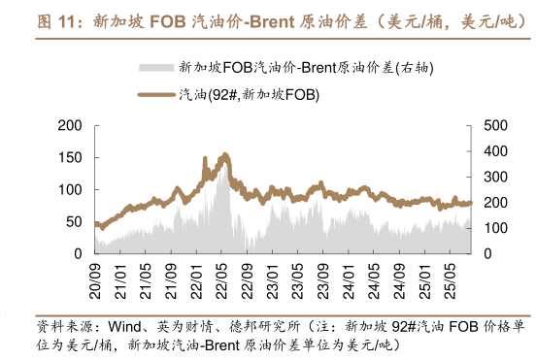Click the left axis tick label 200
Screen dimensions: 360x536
pyautogui.click(x=70, y=126)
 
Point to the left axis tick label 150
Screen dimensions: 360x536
pyautogui.click(x=70, y=157)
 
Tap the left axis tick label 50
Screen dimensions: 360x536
pyautogui.click(x=74, y=221)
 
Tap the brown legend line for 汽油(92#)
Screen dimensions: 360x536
pyautogui.click(x=156, y=94)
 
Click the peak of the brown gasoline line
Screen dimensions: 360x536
pyautogui.click(x=224, y=154)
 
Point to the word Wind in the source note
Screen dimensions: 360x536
pyautogui.click(x=124, y=326)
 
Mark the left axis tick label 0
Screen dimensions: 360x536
pyautogui.click(x=78, y=253)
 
